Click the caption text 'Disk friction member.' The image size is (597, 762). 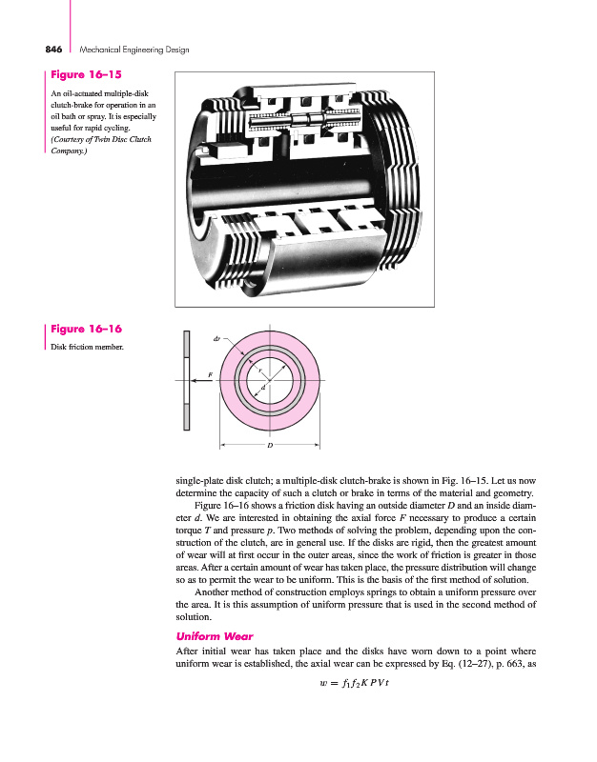coord(87,346)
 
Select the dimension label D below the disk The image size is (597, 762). coord(270,444)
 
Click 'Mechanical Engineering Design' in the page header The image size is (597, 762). coord(134,49)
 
